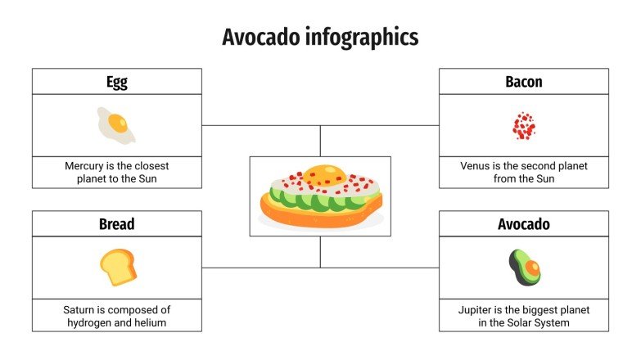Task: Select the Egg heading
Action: coord(116,82)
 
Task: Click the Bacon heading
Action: coord(524,82)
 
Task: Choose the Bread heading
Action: coord(116,223)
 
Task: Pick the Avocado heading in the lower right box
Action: coord(524,223)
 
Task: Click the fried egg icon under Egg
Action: coord(115,124)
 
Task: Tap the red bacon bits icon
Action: coord(524,126)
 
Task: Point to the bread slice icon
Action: coord(118,267)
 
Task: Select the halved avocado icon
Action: coord(525,267)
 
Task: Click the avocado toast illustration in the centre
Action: coord(320,196)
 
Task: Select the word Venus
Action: coord(475,166)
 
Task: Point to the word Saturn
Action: coord(81,310)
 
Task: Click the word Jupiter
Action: coord(479,310)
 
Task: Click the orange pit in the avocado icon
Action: coord(531,268)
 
